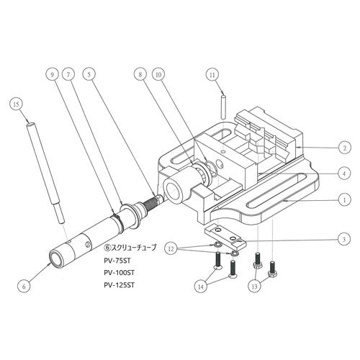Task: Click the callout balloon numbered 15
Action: pos(17,104)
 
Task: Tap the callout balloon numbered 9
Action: pos(53,75)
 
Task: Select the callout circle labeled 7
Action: pos(68,75)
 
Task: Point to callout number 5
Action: pos(89,74)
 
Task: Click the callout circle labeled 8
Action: pos(140,75)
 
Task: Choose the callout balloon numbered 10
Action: pos(159,75)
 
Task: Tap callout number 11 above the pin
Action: pos(212,75)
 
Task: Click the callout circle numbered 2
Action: pos(345,148)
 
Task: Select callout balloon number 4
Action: pos(344,173)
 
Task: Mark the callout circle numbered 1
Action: pos(344,199)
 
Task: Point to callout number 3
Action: pos(344,239)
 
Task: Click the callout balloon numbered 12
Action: pos(171,249)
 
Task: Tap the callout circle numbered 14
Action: pos(201,287)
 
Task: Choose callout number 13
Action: pos(255,286)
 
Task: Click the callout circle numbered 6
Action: pos(24,286)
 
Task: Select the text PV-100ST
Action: pos(120,273)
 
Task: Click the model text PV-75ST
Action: pos(117,260)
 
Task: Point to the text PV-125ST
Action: pos(120,285)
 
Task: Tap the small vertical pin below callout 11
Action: pos(223,107)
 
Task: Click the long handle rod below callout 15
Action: pos(45,173)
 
